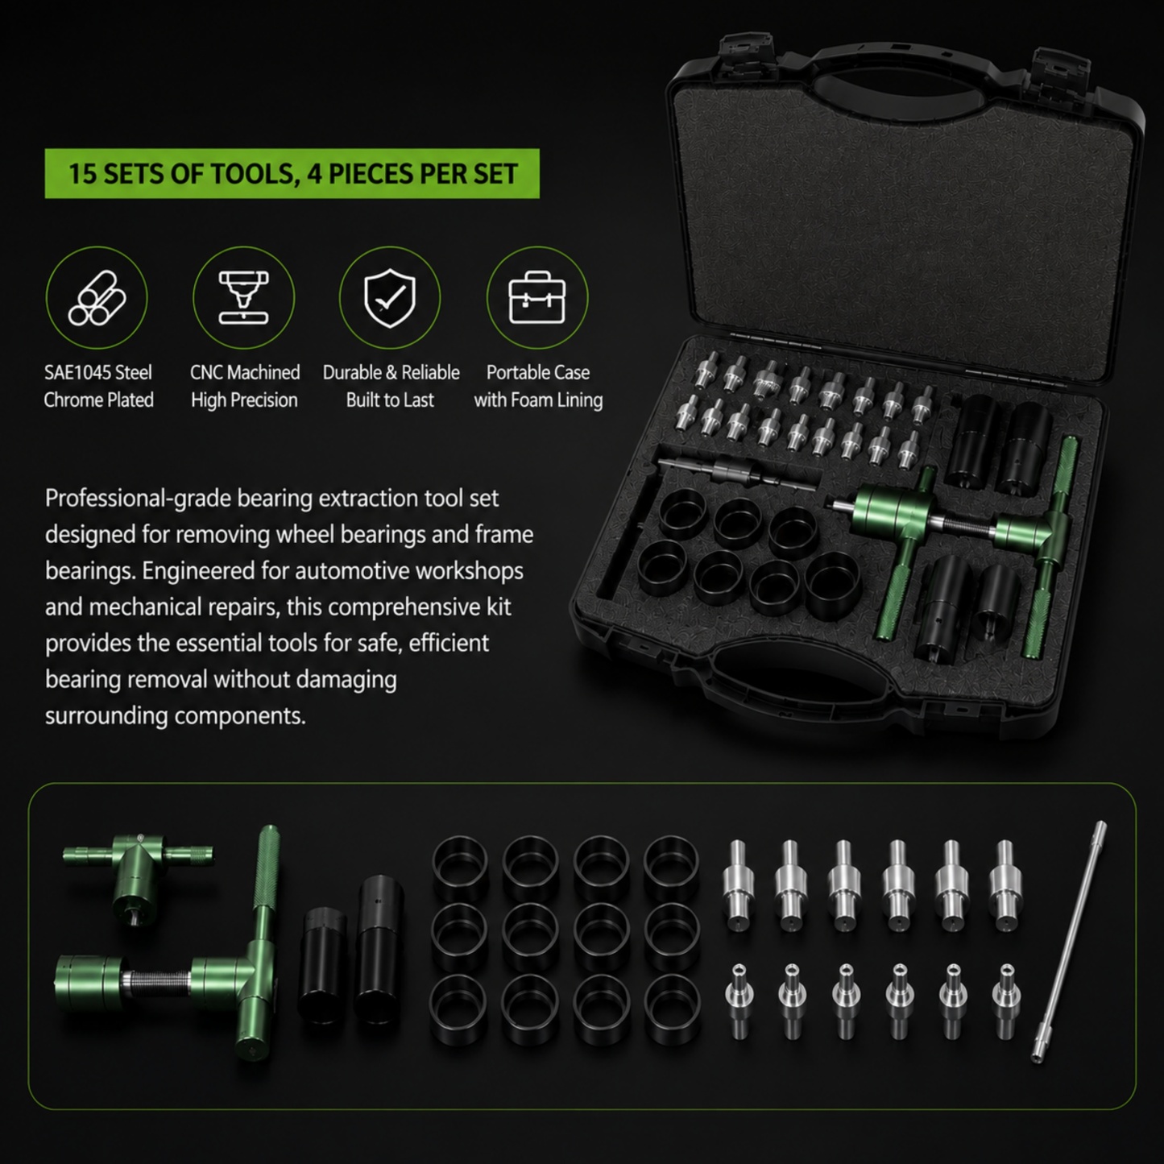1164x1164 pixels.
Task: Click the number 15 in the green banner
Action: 83,174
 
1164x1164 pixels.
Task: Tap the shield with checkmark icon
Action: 390,298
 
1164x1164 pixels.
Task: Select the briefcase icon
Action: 537,297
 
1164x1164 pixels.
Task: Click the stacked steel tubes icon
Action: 97,298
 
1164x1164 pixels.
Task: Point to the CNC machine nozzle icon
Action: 244,297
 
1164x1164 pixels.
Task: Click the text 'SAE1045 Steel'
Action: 98,372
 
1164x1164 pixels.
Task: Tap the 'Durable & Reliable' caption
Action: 391,372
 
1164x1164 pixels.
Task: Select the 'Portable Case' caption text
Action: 537,372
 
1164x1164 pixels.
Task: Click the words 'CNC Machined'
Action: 245,372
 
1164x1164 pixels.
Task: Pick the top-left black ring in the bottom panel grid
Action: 460,864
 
